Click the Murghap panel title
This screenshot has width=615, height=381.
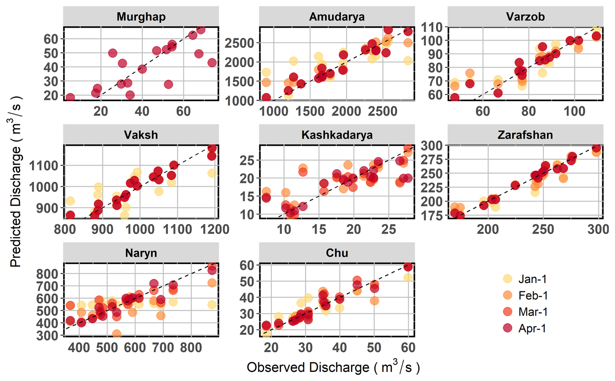point(141,17)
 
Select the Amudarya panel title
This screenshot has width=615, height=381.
point(337,17)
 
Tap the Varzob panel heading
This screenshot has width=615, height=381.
point(525,17)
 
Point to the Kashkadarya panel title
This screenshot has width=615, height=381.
point(337,135)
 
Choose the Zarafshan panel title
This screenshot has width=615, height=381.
point(525,135)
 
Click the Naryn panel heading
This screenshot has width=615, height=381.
point(141,253)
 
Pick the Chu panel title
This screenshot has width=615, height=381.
point(337,253)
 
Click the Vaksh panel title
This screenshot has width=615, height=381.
point(141,135)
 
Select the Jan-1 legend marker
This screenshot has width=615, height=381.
point(507,279)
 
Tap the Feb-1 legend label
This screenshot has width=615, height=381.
point(533,296)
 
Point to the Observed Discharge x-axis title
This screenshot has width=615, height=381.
point(333,367)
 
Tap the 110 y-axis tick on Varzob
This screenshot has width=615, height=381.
point(432,27)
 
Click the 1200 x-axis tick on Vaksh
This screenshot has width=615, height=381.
point(215,229)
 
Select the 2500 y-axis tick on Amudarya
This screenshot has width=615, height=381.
point(239,43)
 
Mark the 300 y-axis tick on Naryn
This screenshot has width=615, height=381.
point(47,336)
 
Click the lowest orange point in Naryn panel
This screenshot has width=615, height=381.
point(117,334)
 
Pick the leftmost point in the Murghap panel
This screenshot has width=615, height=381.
point(70,97)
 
